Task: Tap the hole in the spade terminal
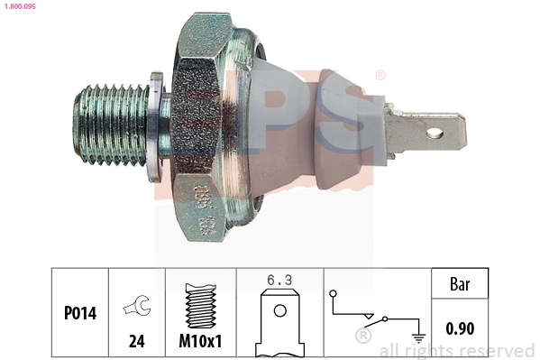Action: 435,136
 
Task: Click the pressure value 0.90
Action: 460,328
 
